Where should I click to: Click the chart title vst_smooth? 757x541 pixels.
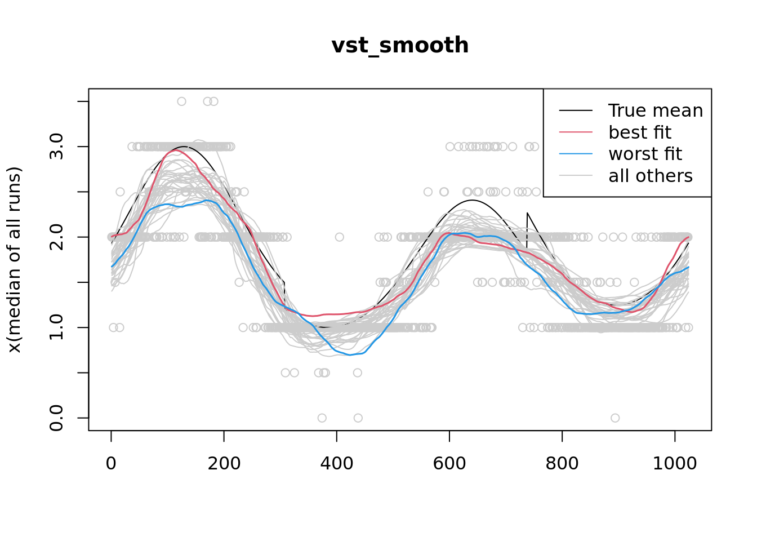[x=400, y=45]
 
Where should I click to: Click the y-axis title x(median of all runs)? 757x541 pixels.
[x=14, y=260]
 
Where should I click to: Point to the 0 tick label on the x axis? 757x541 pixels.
[x=111, y=463]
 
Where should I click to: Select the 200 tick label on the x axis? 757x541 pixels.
[x=224, y=463]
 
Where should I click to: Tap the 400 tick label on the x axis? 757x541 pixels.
[x=336, y=463]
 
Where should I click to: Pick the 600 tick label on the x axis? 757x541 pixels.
[x=449, y=463]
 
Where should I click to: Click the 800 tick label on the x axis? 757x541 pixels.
[x=562, y=463]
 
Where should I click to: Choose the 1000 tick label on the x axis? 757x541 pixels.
[x=675, y=463]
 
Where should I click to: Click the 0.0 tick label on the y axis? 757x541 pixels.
[x=57, y=418]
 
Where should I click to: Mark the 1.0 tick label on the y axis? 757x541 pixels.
[x=57, y=327]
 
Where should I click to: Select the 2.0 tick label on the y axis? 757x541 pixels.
[x=57, y=237]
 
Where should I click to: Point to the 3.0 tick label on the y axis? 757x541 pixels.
[x=57, y=147]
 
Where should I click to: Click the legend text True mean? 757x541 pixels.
[x=656, y=110]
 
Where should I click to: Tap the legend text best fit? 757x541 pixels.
[x=640, y=132]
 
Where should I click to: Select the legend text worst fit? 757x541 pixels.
[x=645, y=154]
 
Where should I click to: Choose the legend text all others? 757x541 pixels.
[x=651, y=176]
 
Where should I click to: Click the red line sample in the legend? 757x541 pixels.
[x=576, y=132]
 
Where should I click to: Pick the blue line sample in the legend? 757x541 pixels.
[x=576, y=154]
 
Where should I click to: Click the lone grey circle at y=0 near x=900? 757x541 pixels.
[x=615, y=418]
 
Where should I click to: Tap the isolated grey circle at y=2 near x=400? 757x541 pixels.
[x=339, y=237]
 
